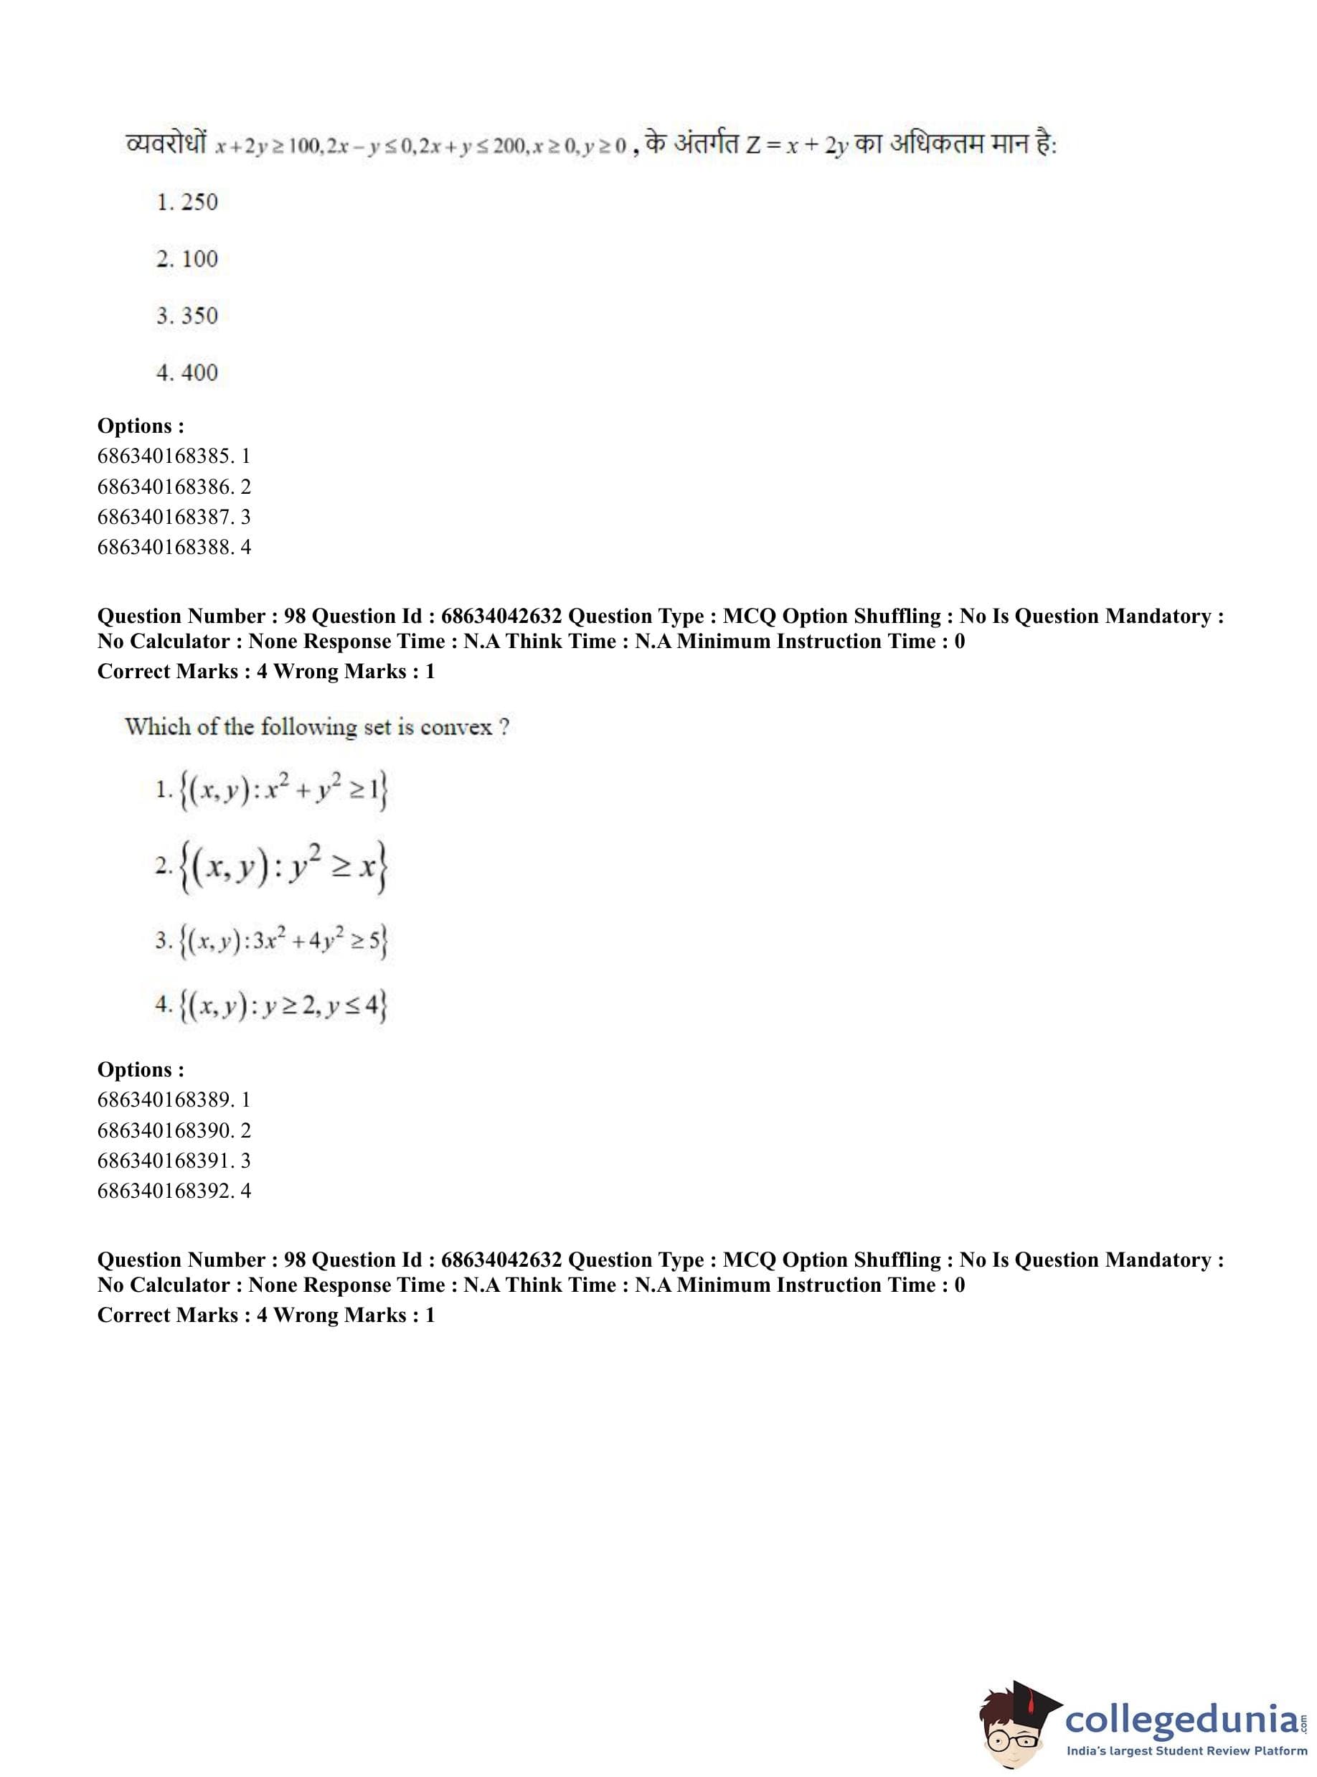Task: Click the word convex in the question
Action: point(455,728)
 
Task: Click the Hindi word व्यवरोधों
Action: point(166,144)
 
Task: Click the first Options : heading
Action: point(141,426)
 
